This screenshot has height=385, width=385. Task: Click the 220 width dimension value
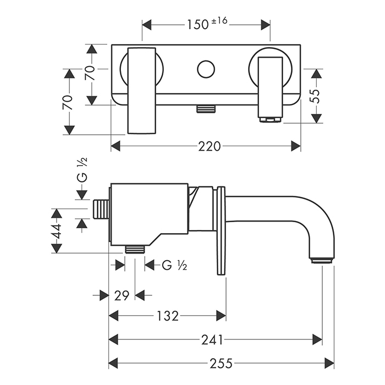click(210, 146)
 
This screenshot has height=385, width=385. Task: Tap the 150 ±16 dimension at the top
click(206, 25)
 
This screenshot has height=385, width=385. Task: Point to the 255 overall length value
click(222, 363)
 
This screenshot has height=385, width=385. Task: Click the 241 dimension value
click(212, 339)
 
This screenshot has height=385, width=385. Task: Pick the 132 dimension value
click(167, 316)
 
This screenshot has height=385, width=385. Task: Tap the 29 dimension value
click(122, 295)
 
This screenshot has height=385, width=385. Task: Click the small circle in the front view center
click(206, 70)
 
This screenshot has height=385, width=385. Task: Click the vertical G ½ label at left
click(82, 169)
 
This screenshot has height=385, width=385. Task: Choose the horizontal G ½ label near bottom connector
click(175, 266)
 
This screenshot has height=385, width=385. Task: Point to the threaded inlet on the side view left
click(101, 210)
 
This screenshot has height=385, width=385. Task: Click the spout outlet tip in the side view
click(322, 260)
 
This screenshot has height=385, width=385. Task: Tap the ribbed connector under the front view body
click(205, 109)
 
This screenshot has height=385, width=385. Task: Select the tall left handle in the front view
click(142, 91)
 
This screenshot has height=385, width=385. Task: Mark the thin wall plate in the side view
click(221, 231)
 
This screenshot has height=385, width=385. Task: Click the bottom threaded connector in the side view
click(134, 249)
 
